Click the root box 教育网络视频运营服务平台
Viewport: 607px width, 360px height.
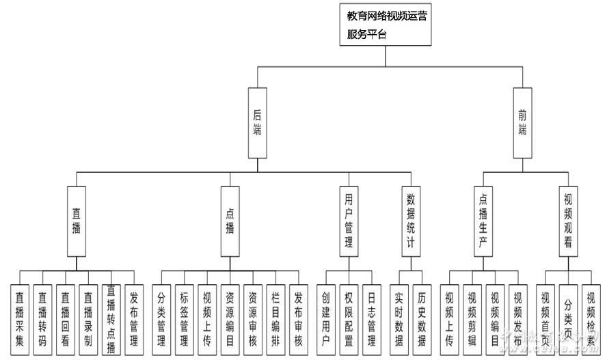tap(386, 24)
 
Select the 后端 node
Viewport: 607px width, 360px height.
tap(257, 123)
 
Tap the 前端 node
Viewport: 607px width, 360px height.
tap(522, 123)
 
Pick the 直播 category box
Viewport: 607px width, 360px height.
tap(76, 221)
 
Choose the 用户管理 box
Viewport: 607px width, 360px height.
tap(348, 221)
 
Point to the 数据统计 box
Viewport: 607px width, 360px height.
tap(411, 221)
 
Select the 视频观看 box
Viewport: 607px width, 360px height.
tap(568, 221)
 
